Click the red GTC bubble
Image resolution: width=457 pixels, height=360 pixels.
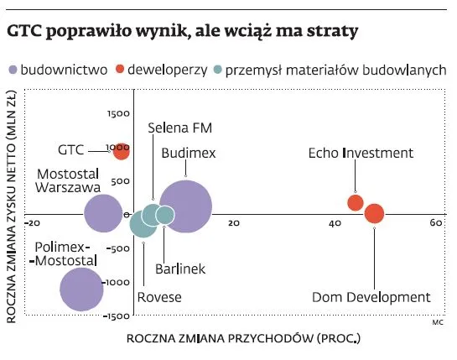(122, 151)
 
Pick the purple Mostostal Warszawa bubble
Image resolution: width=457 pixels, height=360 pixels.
(105, 213)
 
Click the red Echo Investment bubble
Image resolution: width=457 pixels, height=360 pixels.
(356, 202)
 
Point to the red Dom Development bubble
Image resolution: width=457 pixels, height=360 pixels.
(374, 214)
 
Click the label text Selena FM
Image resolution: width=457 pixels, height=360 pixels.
(179, 128)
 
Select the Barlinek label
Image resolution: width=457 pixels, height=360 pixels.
(180, 269)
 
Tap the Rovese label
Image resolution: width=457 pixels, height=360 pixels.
(159, 297)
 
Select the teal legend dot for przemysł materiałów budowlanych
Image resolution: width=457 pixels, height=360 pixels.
(220, 70)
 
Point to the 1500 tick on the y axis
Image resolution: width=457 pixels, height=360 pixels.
(119, 112)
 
